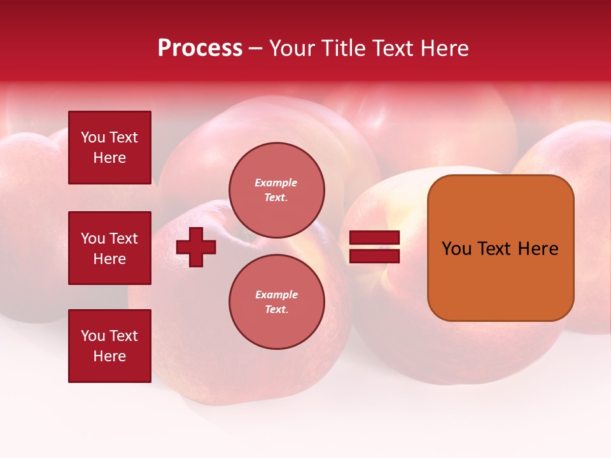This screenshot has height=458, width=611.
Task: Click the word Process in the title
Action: (200, 48)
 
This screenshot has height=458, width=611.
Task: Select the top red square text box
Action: (109, 148)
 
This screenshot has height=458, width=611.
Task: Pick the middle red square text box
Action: (109, 248)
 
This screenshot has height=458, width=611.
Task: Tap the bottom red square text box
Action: (109, 346)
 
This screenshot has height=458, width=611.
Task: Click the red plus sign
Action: (196, 247)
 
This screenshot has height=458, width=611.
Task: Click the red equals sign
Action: (374, 247)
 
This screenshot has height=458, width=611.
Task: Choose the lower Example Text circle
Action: (276, 302)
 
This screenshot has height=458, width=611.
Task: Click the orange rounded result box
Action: (500, 247)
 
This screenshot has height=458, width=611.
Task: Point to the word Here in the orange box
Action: (538, 249)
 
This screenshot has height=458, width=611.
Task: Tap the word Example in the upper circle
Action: (276, 183)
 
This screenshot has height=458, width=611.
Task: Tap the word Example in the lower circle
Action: (276, 295)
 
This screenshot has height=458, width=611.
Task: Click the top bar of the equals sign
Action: (374, 238)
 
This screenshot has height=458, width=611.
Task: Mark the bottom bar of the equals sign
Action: (374, 256)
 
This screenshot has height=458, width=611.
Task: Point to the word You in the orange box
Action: (456, 249)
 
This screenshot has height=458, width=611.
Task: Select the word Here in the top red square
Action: (109, 158)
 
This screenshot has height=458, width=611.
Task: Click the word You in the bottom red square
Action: (93, 336)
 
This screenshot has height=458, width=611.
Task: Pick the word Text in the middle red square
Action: (123, 239)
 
